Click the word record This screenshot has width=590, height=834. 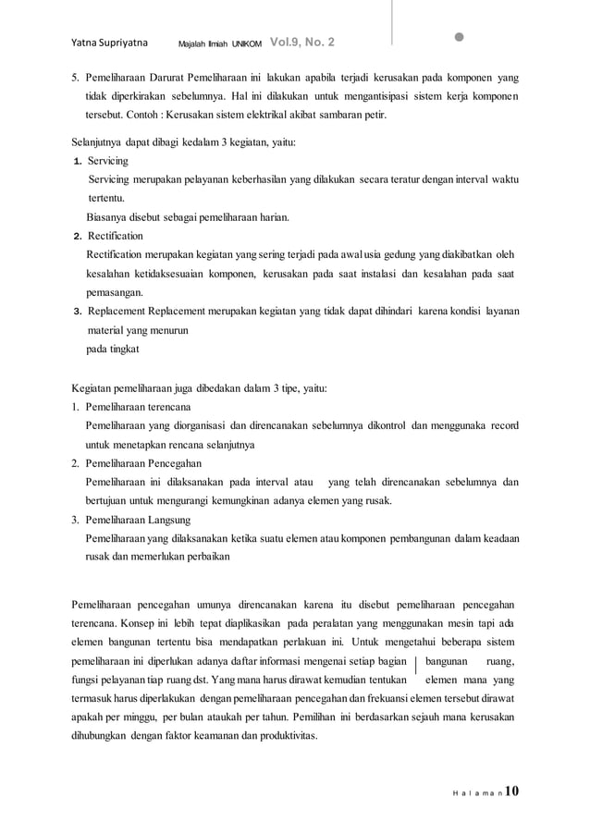coord(504,425)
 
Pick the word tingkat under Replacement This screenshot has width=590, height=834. coord(125,350)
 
